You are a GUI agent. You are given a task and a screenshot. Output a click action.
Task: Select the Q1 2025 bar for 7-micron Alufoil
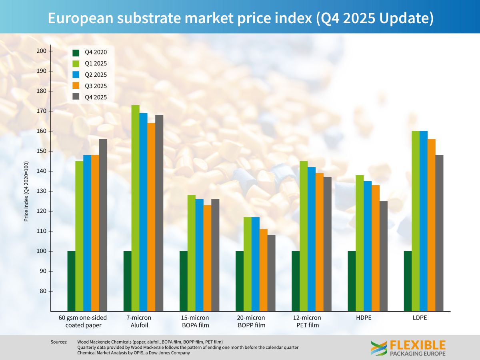tap(135, 208)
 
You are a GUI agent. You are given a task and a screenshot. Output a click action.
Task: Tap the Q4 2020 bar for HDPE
tap(352, 281)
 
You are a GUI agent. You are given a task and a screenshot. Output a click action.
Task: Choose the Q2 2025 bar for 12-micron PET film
tap(311, 239)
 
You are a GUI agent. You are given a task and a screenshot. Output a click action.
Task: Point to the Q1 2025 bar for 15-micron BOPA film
tap(191, 253)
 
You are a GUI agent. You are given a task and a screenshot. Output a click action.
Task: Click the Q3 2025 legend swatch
tap(76, 86)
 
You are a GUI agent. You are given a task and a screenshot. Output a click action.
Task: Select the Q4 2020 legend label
tap(96, 52)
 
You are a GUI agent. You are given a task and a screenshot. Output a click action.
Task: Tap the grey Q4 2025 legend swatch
tap(76, 97)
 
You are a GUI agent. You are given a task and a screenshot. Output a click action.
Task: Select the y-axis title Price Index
tap(26, 191)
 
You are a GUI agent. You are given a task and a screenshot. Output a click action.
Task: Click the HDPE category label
tap(363, 318)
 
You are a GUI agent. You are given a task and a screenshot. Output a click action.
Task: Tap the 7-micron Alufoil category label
tap(139, 321)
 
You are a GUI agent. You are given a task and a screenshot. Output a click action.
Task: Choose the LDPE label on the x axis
tap(420, 318)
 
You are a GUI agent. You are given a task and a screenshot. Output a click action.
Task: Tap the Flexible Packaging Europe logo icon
tap(378, 348)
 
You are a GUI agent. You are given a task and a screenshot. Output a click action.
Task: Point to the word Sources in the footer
tap(59, 342)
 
